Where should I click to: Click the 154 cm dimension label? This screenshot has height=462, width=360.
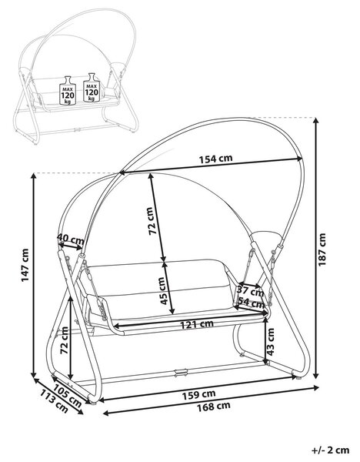(x=215, y=159)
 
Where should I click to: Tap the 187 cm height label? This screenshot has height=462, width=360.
(x=322, y=249)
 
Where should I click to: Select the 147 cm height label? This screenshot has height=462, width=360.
(x=25, y=265)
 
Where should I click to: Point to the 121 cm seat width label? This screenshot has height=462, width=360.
(x=197, y=324)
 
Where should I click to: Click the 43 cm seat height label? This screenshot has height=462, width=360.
(x=270, y=342)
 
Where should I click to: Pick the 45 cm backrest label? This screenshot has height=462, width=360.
(x=162, y=291)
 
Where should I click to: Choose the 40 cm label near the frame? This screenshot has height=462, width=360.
(x=70, y=238)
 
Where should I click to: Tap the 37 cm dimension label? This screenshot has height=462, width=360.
(x=251, y=291)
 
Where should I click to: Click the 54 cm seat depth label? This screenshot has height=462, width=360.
(x=251, y=303)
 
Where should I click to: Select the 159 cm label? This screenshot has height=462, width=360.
(x=198, y=394)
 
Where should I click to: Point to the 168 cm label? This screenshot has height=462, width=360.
(x=213, y=407)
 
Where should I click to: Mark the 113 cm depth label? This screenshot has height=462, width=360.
(x=54, y=400)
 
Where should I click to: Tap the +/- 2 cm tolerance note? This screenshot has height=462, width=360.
(x=331, y=450)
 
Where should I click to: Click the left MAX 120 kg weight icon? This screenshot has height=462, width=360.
(x=68, y=90)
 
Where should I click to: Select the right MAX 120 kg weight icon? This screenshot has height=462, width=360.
(x=92, y=88)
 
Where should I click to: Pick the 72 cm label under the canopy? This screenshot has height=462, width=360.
(x=151, y=221)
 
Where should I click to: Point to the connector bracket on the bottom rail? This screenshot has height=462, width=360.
(x=181, y=373)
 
